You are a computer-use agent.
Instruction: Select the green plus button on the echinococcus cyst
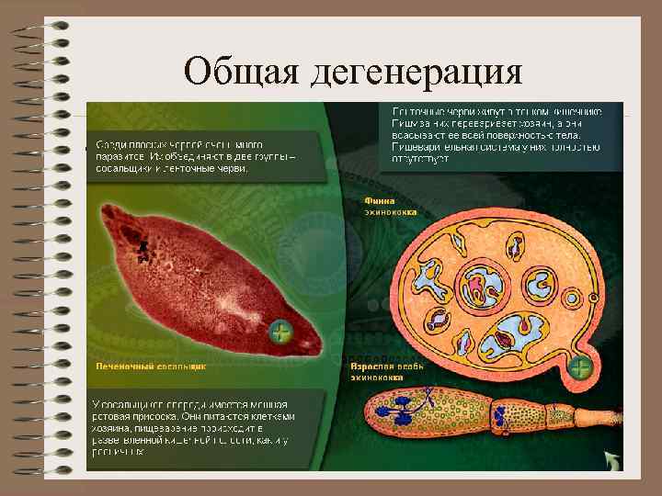click(x=580, y=368)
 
